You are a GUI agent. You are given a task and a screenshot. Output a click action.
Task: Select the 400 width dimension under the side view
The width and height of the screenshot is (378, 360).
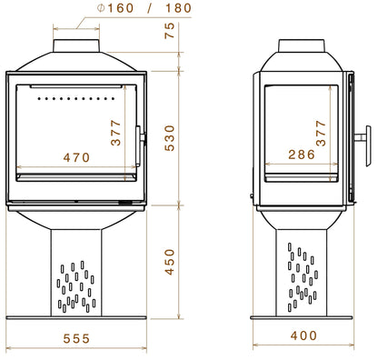[305, 335]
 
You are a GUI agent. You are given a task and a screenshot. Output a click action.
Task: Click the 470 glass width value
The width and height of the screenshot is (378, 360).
[77, 157]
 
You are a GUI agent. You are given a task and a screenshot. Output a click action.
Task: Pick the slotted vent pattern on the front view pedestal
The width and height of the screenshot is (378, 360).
[77, 285]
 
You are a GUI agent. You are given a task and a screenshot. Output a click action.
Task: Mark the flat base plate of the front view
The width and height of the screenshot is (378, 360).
[77, 317]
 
